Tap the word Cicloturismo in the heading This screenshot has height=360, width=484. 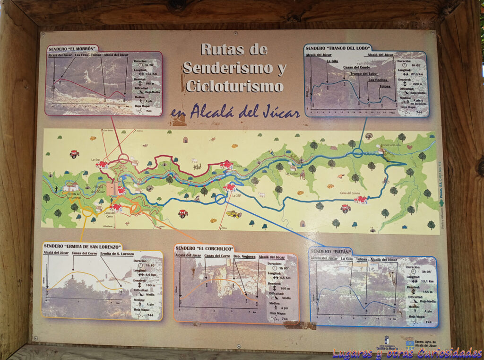pos(234,86)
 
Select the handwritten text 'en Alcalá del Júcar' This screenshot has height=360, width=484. pos(235,112)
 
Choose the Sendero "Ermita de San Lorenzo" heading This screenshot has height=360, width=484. pos(82,246)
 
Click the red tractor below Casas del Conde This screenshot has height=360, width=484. pos(346,208)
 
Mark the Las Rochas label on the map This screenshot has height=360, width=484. pos(292,174)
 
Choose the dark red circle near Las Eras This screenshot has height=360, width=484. pos(124,158)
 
